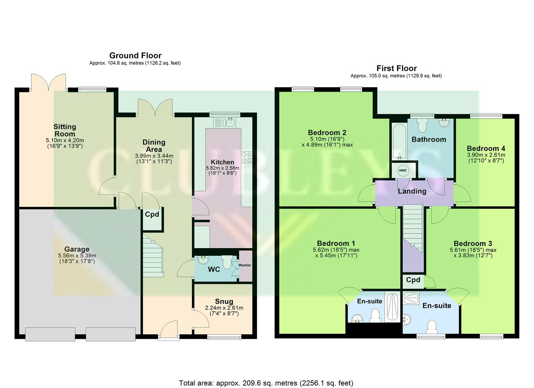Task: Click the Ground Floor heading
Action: [x=135, y=56]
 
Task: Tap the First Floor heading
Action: [x=396, y=68]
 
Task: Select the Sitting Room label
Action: [x=65, y=130]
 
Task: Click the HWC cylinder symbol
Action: [x=403, y=170]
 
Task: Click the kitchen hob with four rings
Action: [x=246, y=157]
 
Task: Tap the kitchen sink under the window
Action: [x=224, y=123]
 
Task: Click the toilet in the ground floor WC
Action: [x=227, y=262]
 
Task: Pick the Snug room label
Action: [x=224, y=301]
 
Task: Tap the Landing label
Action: [x=412, y=191]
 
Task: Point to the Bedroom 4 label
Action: [x=486, y=148]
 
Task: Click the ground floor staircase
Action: [x=153, y=255]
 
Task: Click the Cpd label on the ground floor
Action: [x=152, y=214]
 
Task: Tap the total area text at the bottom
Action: [x=266, y=383]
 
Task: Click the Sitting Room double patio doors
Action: [x=48, y=82]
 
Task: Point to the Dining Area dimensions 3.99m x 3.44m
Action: [x=154, y=158]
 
